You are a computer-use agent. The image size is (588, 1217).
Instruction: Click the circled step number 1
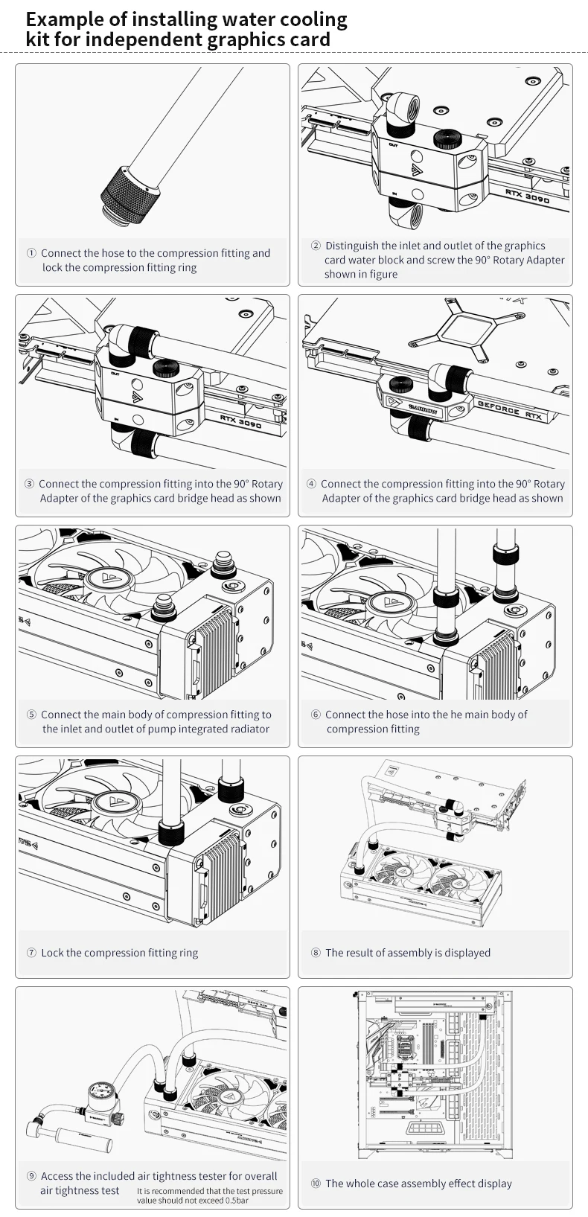[x=31, y=253]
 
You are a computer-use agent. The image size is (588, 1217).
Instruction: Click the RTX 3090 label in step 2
[x=527, y=197]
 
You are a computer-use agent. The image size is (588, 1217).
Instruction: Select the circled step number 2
[x=316, y=246]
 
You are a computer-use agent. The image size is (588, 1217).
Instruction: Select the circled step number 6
[x=316, y=715]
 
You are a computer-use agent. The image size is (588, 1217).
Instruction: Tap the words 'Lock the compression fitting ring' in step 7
[x=120, y=953]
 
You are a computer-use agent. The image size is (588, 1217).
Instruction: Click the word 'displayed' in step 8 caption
[x=467, y=953]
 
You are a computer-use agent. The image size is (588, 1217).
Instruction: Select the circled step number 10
[x=316, y=1184]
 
